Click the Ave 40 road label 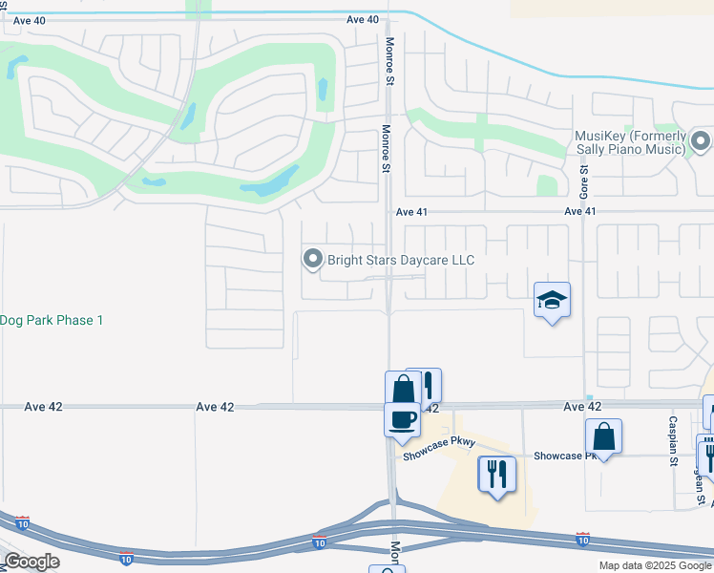[x=363, y=19]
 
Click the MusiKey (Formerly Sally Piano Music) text [x=630, y=142]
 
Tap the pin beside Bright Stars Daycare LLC [x=312, y=259]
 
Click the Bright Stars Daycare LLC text [x=401, y=260]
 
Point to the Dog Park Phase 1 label [x=52, y=320]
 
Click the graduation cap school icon [x=552, y=300]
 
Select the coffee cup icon [x=402, y=418]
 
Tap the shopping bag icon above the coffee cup [x=403, y=388]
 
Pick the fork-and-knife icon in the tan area [x=496, y=473]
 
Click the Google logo [x=32, y=562]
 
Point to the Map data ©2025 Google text [x=655, y=565]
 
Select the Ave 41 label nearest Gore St [x=580, y=211]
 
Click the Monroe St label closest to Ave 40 [x=389, y=60]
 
